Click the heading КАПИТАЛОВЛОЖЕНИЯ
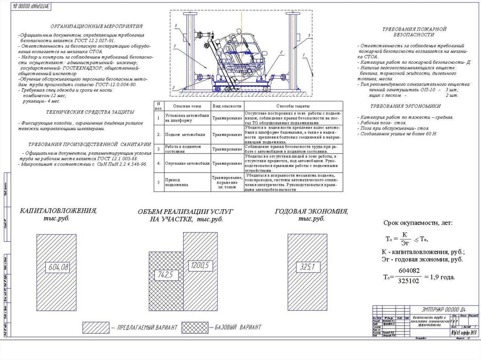pyautogui.click(x=58, y=211)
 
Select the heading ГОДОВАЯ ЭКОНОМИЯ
pyautogui.click(x=311, y=211)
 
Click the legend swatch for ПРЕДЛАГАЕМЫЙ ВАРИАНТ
pyautogui.click(x=95, y=327)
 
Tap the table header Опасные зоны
pyautogui.click(x=180, y=107)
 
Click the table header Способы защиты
pyautogui.click(x=292, y=107)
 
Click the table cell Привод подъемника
pyautogui.click(x=178, y=183)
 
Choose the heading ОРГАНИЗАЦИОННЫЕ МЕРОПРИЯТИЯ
pyautogui.click(x=97, y=26)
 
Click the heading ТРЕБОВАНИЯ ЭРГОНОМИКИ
pyautogui.click(x=405, y=106)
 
